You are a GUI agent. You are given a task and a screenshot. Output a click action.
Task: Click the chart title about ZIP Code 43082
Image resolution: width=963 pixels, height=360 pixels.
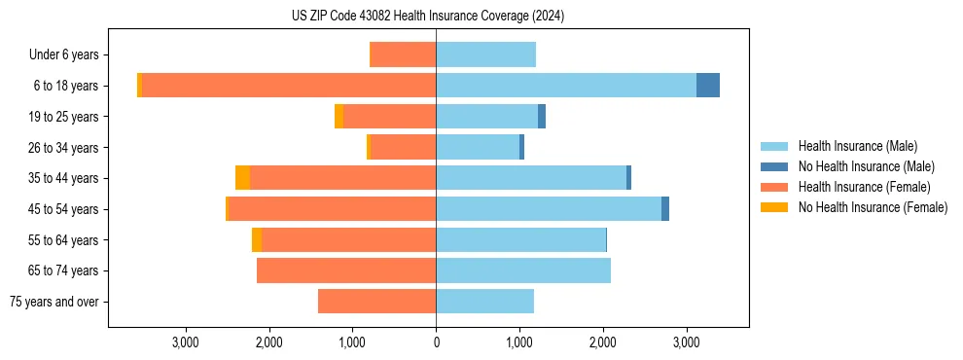427,17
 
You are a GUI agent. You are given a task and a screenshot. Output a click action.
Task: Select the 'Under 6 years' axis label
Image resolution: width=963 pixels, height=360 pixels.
69,55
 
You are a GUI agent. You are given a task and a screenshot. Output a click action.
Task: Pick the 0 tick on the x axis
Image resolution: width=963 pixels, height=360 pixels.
436,342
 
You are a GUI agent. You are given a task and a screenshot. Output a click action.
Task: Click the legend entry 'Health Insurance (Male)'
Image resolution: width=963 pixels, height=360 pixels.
857,146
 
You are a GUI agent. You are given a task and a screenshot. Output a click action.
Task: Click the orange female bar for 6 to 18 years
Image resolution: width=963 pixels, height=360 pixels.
289,86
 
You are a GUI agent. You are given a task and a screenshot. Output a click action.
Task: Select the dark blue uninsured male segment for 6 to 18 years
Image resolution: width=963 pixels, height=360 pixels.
708,86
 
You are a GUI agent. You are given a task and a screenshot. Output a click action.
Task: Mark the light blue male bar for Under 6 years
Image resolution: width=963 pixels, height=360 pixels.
485,55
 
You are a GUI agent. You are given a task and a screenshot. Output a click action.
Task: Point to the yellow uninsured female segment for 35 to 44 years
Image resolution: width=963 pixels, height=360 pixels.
242,178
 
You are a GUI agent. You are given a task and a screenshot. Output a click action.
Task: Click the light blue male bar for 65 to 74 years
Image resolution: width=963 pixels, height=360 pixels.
523,270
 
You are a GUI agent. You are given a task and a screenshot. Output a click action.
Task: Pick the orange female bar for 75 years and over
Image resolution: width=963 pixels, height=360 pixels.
376,302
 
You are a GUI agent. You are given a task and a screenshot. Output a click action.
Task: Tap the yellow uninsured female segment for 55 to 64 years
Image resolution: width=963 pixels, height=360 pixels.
257,240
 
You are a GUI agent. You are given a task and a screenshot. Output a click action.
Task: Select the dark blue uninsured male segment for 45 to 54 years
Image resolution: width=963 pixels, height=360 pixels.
665,209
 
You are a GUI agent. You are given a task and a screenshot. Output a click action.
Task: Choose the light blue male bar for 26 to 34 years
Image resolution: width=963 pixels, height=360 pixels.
478,148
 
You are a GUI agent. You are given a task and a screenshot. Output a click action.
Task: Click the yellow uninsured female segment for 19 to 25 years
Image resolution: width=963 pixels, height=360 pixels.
339,117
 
